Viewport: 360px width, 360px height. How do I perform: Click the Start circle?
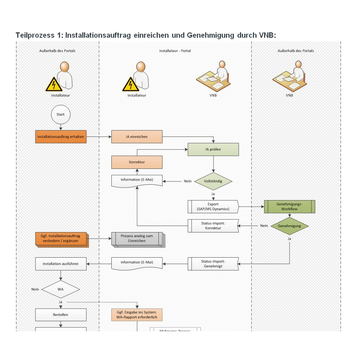[60, 115]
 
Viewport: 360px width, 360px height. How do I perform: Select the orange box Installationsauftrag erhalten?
[61, 137]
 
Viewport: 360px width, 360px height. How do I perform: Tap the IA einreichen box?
[137, 137]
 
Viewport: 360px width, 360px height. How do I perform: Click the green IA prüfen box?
[213, 149]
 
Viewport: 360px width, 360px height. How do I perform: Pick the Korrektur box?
[137, 162]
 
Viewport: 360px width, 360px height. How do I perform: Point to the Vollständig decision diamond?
[213, 181]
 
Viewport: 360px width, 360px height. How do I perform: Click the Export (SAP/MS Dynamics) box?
[213, 207]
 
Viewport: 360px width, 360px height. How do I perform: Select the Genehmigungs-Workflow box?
[290, 207]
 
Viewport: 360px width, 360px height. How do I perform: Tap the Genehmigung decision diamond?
[290, 226]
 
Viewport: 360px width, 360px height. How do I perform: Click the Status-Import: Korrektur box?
[213, 226]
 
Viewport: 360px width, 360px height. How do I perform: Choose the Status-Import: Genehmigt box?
[213, 264]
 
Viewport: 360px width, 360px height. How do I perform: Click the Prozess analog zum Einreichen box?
[137, 239]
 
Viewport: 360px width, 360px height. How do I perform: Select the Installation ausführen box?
[61, 264]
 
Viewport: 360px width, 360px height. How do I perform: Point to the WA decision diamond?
[60, 289]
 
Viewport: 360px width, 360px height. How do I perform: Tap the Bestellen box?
[61, 315]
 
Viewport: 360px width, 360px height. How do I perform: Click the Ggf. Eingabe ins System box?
[137, 315]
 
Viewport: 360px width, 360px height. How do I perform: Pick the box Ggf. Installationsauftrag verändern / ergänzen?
[61, 239]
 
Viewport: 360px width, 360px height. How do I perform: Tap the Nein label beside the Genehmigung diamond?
[264, 226]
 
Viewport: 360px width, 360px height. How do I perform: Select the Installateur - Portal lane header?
[175, 51]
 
